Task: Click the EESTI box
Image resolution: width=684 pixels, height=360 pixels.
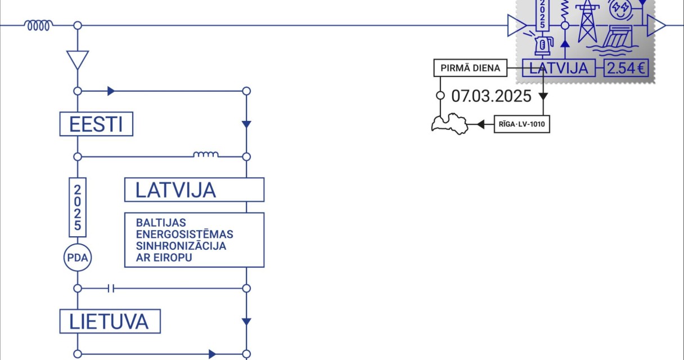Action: [x=96, y=124]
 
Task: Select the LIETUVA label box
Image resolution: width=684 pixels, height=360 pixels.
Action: [x=110, y=322]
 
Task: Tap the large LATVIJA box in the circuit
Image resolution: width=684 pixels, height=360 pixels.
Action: [x=194, y=190]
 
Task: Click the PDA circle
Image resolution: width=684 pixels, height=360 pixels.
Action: [x=78, y=259]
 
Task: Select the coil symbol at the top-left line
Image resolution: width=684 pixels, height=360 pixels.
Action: [x=38, y=25]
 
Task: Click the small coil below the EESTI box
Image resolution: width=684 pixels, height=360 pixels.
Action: [x=206, y=155]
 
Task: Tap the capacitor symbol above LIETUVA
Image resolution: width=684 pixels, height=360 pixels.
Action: [x=111, y=289]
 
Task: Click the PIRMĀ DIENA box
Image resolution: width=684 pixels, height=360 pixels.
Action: [x=470, y=69]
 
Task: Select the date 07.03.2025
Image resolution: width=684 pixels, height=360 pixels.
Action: [x=491, y=96]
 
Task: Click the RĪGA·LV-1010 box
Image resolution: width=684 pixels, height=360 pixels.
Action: [x=521, y=124]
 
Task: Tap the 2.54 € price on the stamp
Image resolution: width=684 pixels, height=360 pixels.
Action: [x=627, y=69]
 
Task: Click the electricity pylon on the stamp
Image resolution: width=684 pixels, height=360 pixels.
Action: [x=587, y=21]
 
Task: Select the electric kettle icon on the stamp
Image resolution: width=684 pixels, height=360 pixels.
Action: [x=542, y=44]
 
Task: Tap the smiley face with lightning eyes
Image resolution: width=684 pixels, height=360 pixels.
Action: [x=621, y=8]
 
